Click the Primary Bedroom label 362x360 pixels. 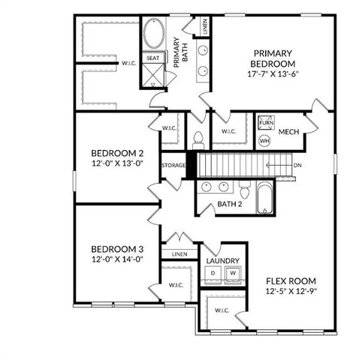click(273, 58)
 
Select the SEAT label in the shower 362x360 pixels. click(153, 58)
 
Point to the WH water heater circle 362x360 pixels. click(264, 140)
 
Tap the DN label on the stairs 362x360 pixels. click(298, 166)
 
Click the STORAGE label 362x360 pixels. click(173, 165)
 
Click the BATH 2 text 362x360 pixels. click(229, 204)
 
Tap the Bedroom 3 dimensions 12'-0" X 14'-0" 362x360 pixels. click(116, 259)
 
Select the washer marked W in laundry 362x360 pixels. click(233, 273)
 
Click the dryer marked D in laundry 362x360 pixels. click(213, 273)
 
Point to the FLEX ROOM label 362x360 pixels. click(292, 281)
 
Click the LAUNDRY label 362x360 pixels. click(223, 260)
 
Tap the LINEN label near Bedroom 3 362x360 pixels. click(179, 254)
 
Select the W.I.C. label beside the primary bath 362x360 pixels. click(129, 64)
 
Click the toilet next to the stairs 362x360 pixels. click(199, 138)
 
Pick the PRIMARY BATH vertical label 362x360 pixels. click(177, 53)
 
